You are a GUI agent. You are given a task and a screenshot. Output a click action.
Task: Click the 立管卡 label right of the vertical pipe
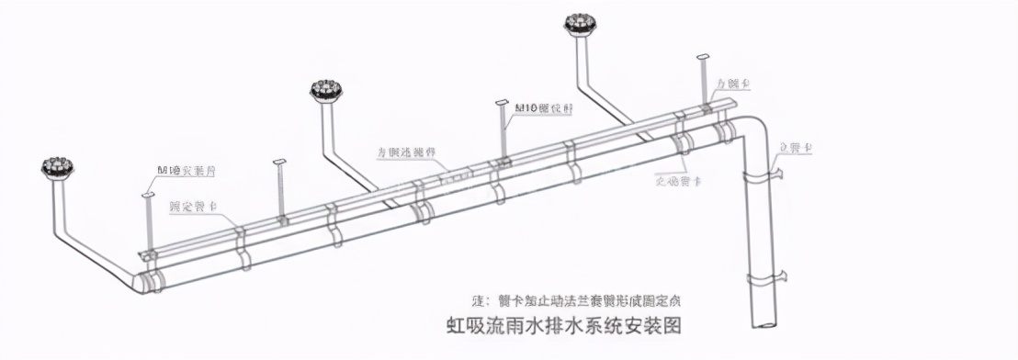793,147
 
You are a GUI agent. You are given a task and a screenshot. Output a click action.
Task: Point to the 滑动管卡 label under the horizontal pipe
679,180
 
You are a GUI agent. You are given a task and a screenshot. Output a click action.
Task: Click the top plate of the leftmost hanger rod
146,196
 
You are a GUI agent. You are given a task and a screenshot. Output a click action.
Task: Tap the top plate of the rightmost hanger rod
704,58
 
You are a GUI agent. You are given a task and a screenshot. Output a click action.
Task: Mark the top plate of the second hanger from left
281,164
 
